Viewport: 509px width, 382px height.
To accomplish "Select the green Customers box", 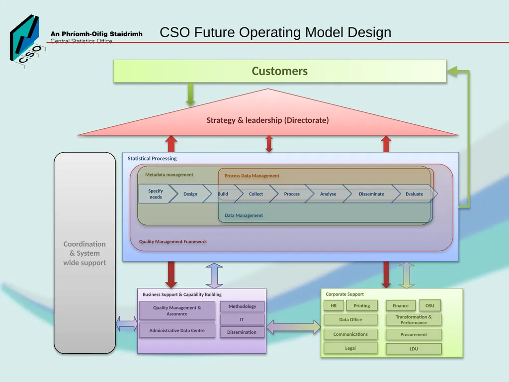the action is point(280,71).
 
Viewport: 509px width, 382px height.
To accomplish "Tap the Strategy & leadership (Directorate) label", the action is point(267,120).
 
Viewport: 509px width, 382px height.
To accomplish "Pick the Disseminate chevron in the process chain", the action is point(371,194).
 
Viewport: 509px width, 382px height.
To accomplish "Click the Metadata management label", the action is point(169,175).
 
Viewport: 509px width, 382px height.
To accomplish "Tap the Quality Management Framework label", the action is point(173,241).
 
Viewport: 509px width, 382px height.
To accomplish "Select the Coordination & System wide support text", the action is point(85,253).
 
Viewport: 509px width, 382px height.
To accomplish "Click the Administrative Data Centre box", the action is point(177,330).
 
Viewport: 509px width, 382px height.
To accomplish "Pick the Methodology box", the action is point(242,306).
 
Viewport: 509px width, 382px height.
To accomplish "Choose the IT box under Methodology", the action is point(242,320).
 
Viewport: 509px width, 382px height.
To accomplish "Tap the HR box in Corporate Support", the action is point(334,306).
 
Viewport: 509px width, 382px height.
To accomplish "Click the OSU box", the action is point(430,306).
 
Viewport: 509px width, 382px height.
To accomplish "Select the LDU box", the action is point(414,349).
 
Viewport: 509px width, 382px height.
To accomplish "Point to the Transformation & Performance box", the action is point(414,320).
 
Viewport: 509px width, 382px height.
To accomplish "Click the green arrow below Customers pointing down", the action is point(190,94).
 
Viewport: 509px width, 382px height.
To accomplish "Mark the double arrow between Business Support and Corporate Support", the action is point(293,327).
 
